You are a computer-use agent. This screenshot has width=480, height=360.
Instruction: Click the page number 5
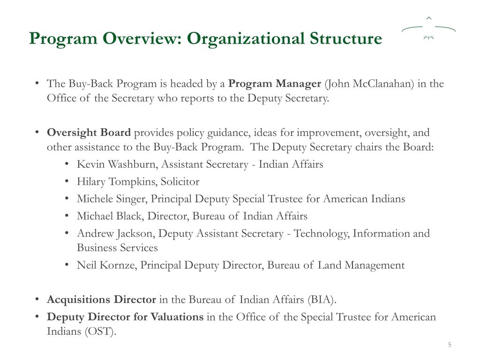pyautogui.click(x=449, y=345)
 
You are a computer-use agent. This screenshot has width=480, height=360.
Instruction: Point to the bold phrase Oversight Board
pyautogui.click(x=89, y=133)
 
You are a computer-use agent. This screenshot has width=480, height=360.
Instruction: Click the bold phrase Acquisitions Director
pyautogui.click(x=101, y=300)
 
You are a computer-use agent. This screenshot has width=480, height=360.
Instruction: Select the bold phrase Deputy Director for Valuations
pyautogui.click(x=125, y=317)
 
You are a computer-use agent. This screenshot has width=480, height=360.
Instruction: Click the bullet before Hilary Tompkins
pyautogui.click(x=68, y=181)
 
